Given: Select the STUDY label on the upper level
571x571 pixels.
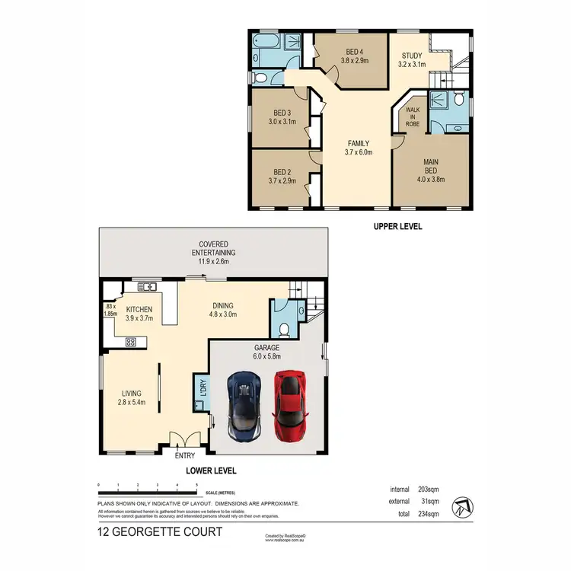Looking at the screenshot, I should tap(413, 59).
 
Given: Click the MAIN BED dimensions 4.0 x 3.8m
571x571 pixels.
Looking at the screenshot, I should tap(433, 180).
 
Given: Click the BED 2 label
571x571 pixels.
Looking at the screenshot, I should tap(282, 176).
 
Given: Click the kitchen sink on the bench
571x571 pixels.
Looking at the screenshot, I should tap(147, 286).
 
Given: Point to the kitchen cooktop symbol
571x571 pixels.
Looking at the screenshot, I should tap(129, 342).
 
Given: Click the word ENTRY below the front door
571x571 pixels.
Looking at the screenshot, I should tap(185, 455).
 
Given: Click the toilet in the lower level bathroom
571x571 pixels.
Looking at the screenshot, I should tap(283, 330).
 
